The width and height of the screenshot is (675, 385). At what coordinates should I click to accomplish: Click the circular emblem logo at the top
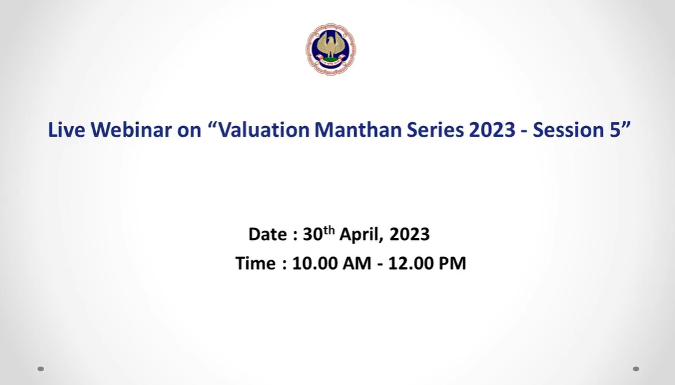331,49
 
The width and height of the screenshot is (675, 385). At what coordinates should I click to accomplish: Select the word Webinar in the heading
131,130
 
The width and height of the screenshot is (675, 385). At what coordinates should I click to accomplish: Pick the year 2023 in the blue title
492,130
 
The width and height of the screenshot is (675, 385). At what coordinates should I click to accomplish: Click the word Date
267,234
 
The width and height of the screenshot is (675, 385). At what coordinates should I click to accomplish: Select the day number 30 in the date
313,234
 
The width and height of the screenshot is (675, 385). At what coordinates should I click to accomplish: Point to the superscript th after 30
329,230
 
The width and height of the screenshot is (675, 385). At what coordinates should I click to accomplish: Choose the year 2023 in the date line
410,234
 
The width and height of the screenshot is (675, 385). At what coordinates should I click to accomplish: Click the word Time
255,263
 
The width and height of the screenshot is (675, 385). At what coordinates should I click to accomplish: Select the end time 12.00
410,263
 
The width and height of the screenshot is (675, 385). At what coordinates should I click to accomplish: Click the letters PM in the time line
452,263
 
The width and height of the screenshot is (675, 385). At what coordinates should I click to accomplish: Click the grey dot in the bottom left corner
41,369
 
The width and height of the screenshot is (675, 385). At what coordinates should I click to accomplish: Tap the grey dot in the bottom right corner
636,369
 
